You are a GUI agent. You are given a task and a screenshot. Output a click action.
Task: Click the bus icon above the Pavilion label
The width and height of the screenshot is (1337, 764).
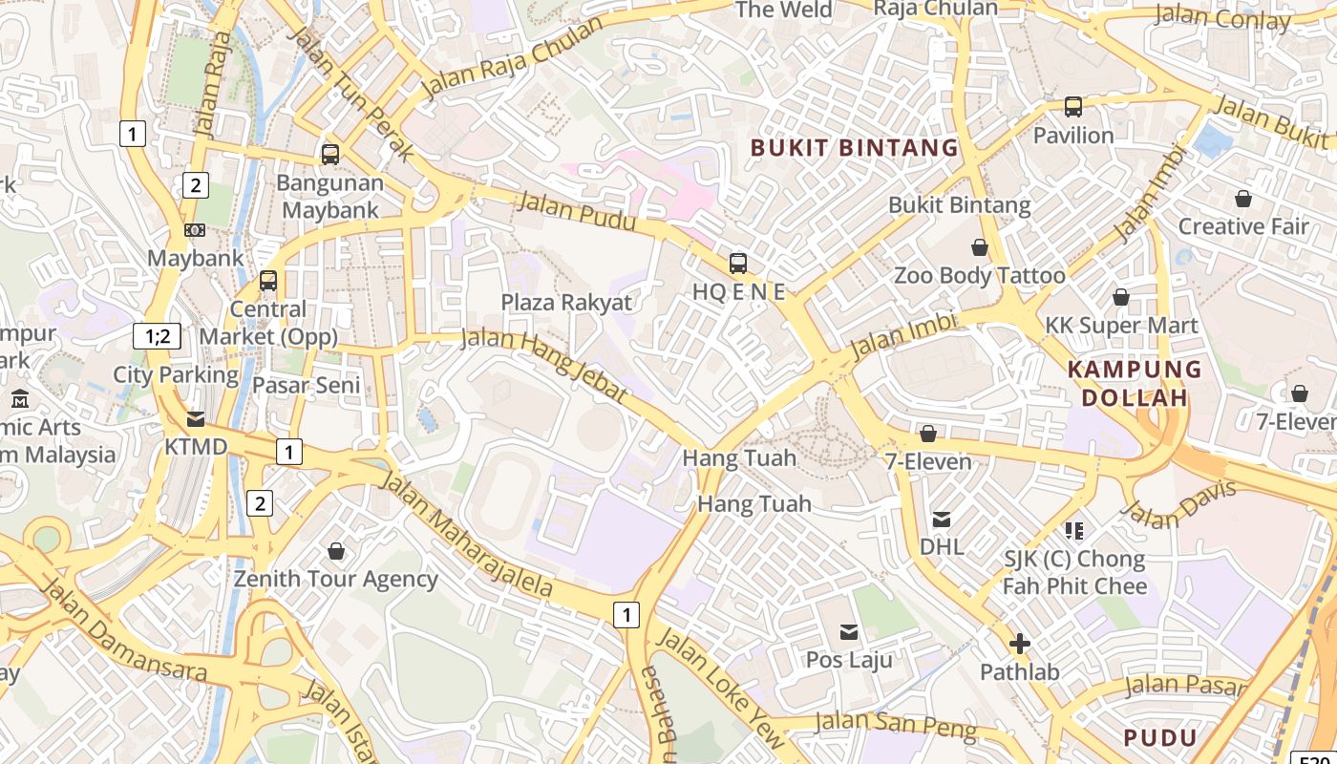coord(1073,107)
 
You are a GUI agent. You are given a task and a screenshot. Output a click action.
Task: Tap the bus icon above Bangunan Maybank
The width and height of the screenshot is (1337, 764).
coord(330,154)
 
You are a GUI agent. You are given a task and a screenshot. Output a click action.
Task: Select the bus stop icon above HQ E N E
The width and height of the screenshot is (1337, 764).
coord(737,264)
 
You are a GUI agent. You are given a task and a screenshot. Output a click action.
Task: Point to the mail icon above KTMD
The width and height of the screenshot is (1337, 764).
coord(196,418)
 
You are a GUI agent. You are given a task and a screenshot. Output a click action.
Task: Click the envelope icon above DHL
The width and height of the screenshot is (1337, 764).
coord(942,520)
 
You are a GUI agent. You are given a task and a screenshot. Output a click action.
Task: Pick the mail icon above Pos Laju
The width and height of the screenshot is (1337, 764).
coord(848,631)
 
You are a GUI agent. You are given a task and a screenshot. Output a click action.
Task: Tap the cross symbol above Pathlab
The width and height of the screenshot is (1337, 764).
coord(1020,644)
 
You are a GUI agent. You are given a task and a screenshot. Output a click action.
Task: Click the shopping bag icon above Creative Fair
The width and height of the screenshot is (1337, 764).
coord(1242,199)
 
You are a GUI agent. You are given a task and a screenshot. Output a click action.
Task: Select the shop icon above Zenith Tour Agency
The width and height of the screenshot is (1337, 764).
coord(336,551)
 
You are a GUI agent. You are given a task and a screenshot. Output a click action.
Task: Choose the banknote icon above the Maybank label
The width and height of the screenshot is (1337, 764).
coord(195,230)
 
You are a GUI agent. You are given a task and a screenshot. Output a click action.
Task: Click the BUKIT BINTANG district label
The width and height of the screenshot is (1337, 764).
coord(854,147)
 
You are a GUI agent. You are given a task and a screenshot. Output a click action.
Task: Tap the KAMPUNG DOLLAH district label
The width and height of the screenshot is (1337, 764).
coord(1135,383)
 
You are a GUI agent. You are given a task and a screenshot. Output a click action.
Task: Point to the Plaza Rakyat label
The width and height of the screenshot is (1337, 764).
coord(566,303)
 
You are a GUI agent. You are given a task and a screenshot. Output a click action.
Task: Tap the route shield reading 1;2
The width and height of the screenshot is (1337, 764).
coord(157,335)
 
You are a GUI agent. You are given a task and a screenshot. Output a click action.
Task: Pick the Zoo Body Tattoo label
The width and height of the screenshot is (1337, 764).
coord(979,276)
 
